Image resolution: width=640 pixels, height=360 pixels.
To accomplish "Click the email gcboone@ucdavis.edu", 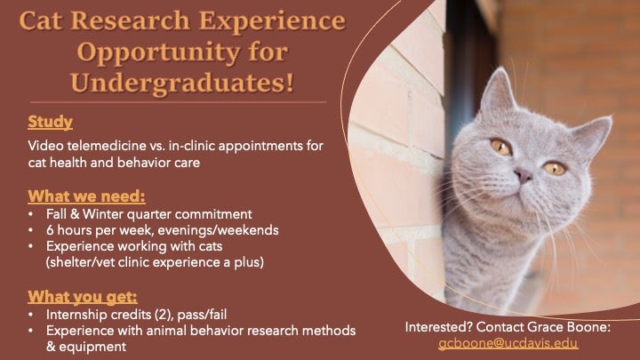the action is pos(508,343).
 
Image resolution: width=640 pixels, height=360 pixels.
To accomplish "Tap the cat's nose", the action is pos(524,176).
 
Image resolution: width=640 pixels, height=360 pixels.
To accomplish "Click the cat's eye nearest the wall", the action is pos(500,147).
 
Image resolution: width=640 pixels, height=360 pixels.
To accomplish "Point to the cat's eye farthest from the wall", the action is pos(555,168).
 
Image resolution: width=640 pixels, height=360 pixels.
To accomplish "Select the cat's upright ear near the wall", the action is pos(498,92).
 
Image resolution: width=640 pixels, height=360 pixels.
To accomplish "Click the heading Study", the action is pos(50,122).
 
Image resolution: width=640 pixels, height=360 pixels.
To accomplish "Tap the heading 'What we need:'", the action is pos(86,196).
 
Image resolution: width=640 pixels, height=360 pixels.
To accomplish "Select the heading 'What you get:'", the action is pos(83,297).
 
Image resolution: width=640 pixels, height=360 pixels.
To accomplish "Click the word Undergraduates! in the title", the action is pos(182,84).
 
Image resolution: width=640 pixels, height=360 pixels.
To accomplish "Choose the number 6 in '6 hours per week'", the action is pos(50,230).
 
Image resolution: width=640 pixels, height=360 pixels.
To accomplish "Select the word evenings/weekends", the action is pos(218,230).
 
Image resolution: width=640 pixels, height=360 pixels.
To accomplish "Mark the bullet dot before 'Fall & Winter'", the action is pos(31,214).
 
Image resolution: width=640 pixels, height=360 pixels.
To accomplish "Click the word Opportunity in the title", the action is pos(158,53).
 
